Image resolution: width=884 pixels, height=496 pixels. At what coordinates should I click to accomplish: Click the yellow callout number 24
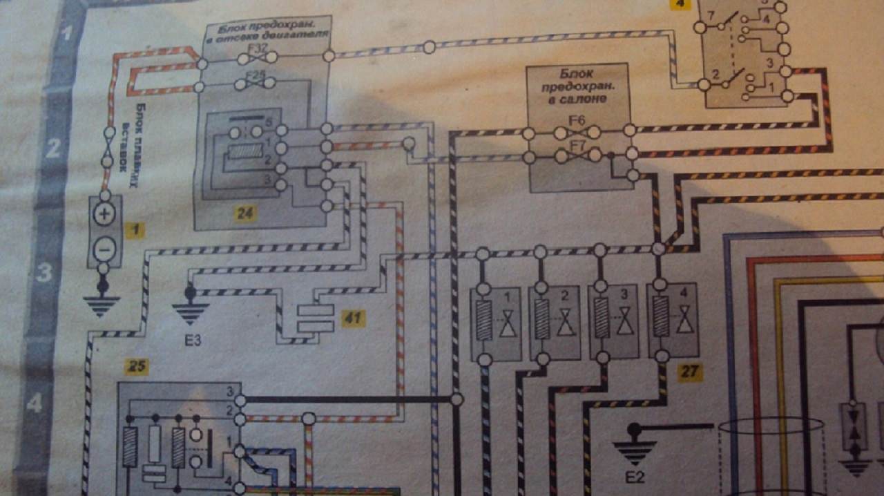pos(243,213)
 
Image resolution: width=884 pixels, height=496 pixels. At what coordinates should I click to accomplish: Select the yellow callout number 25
pos(136,368)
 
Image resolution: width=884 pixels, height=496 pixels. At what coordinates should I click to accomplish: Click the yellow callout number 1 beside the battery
pos(136,231)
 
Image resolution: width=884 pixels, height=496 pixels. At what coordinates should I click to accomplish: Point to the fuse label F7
pos(577,145)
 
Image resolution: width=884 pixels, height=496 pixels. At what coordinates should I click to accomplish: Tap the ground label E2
pos(635,476)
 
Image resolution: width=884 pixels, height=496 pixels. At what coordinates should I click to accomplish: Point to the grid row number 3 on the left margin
pos(44,272)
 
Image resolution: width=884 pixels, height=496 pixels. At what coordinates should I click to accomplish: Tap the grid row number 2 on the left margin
pos(52,148)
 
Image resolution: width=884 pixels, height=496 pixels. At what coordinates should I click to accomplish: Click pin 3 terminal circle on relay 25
pos(240,400)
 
